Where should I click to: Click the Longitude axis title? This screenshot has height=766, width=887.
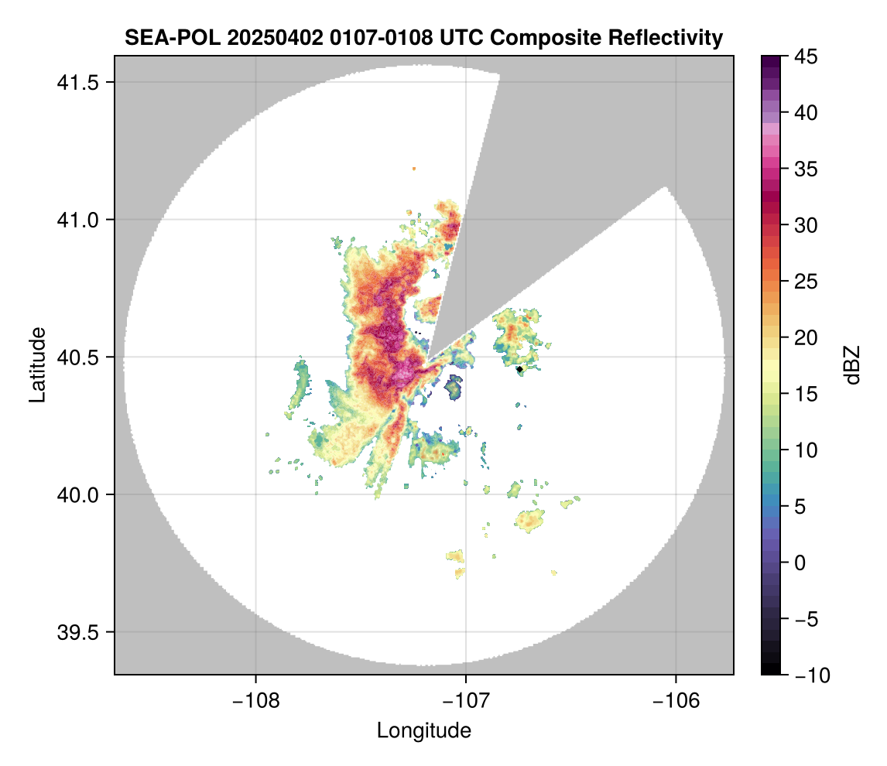click(x=423, y=730)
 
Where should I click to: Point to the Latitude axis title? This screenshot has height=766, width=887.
click(x=36, y=364)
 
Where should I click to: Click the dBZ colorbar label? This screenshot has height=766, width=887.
click(x=852, y=364)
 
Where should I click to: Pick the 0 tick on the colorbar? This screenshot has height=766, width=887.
click(x=800, y=563)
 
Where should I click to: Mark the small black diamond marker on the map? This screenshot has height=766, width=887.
click(x=519, y=370)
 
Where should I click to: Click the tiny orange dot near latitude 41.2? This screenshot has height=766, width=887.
click(x=414, y=168)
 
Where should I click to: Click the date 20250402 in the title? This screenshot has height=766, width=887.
click(x=263, y=37)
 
